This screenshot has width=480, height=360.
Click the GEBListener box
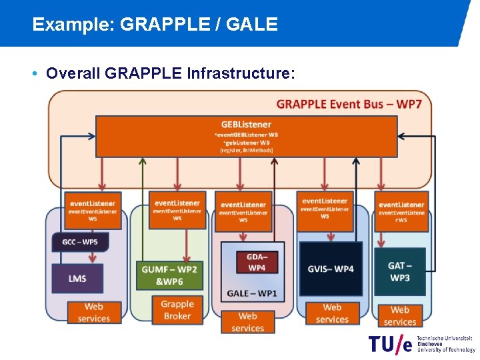[246, 137]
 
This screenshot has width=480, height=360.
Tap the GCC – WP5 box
[79, 241]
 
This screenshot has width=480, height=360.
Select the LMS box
[77, 278]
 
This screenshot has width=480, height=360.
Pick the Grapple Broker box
[177, 310]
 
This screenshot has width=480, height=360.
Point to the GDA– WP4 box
[257, 262]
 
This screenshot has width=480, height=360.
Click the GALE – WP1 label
[251, 293]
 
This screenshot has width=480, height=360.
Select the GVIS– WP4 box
[331, 269]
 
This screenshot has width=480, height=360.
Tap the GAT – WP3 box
[399, 271]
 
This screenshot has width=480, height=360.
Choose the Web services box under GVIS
[332, 313]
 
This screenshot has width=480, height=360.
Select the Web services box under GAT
[400, 315]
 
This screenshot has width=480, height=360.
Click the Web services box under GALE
[247, 322]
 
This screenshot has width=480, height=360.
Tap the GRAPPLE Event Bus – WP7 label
[353, 103]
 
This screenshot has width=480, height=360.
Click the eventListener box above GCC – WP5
[93, 210]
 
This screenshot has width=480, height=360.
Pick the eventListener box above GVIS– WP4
[325, 208]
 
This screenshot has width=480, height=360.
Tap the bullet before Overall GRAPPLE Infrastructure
[34, 73]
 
